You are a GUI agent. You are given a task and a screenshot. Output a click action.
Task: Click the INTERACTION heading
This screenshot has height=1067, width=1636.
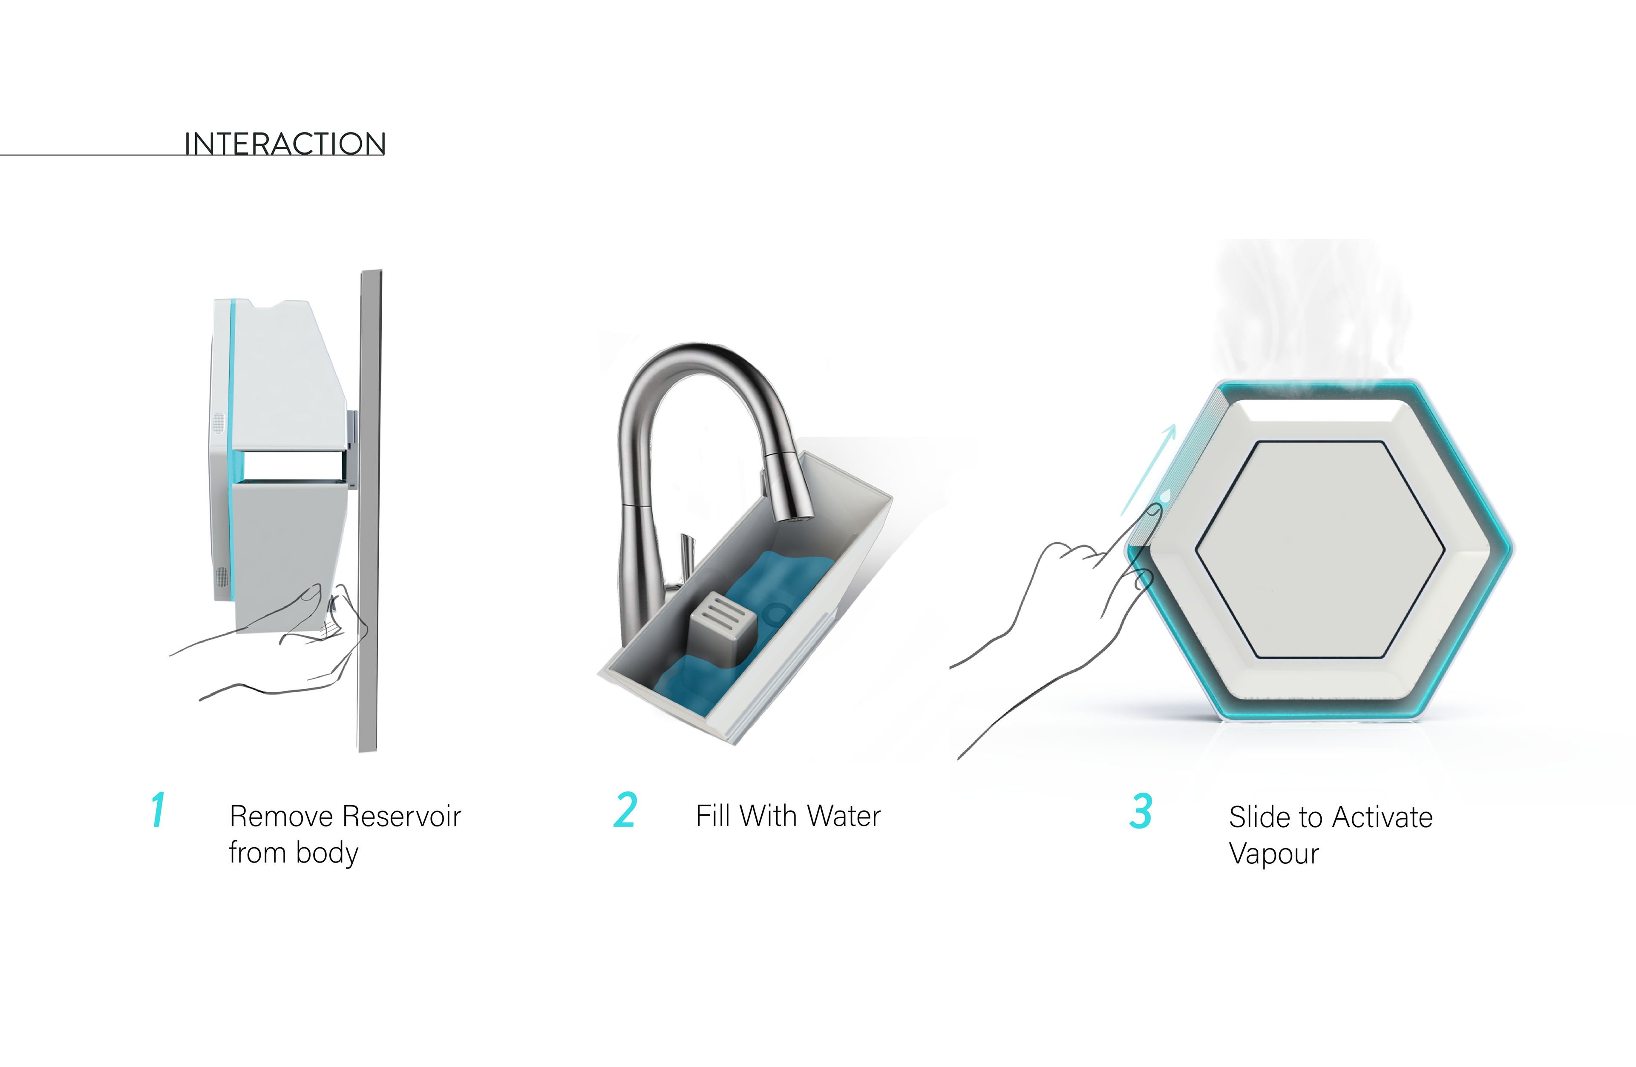coord(285,144)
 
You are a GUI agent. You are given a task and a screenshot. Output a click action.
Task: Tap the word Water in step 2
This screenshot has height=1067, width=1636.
coord(844,816)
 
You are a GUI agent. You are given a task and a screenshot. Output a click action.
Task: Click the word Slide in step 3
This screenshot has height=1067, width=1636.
coord(1255,817)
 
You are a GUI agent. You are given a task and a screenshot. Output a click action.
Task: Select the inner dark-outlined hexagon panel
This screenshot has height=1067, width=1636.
coord(1320,549)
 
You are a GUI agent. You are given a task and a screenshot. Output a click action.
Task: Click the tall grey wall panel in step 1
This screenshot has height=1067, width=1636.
coord(369,510)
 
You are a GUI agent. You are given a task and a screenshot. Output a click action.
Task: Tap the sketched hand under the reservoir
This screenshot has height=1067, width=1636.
coord(275,642)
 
